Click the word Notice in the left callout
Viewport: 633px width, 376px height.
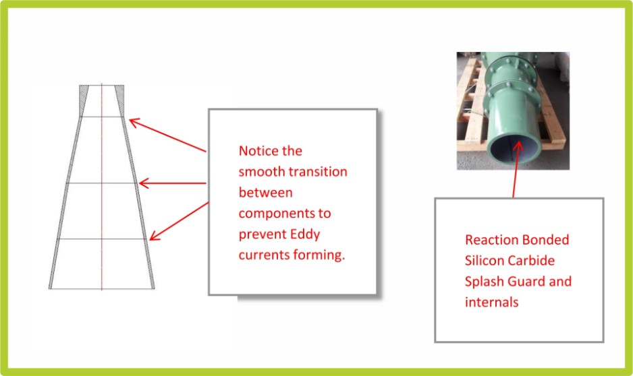pos(258,151)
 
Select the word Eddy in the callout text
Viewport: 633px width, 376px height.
pos(305,234)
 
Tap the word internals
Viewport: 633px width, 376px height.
pos(492,303)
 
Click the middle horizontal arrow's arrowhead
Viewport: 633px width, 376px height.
pos(142,183)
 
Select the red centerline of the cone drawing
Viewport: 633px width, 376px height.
pos(102,187)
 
